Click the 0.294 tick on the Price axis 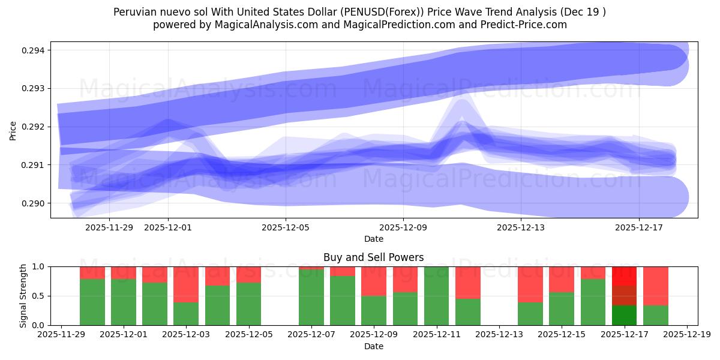coord(35,50)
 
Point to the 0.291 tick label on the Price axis coord(35,165)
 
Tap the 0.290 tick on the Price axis coord(35,203)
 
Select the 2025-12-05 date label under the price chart coord(286,227)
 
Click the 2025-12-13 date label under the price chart coord(521,227)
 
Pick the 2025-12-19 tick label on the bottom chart coord(686,335)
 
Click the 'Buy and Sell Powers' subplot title coord(373,257)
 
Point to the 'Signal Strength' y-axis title coord(23,296)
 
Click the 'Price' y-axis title coord(13,130)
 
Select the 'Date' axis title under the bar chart coord(373,346)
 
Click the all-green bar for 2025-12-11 coord(436,296)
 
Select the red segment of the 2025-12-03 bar coord(186,284)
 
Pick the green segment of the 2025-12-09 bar coord(374,310)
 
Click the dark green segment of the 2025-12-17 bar coord(624,316)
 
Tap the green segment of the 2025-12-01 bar coord(124,302)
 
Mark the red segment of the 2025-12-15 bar coord(562,279)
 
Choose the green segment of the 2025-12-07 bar coord(311,297)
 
